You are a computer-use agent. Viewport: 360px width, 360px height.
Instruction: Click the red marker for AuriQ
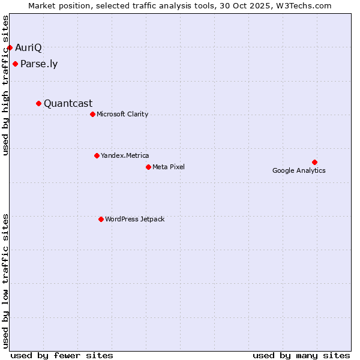10,47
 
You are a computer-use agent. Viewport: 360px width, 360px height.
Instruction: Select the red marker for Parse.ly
15,64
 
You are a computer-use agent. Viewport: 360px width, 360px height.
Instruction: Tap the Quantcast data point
39,103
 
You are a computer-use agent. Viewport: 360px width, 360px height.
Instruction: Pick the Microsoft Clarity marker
92,114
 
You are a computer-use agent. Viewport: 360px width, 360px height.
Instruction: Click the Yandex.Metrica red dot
97,155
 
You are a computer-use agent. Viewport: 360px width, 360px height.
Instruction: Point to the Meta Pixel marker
148,167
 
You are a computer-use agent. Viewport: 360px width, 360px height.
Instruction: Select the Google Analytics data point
314,162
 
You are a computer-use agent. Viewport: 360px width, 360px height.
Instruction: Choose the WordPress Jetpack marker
101,219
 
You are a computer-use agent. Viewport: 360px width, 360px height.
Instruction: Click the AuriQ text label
28,47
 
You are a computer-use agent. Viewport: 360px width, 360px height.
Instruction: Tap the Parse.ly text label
39,64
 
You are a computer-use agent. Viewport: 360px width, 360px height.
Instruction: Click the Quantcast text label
68,103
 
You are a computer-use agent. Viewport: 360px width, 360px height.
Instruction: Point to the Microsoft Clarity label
122,114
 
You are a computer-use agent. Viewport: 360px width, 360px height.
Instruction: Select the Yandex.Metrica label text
125,155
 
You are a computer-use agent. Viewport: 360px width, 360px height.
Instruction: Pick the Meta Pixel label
169,167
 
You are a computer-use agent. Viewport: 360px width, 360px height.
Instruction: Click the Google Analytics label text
299,170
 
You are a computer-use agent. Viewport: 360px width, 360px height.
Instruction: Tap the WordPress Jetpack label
134,219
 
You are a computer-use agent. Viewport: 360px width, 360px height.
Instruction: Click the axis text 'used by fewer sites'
62,355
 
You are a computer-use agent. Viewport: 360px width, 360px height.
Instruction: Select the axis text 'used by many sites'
301,355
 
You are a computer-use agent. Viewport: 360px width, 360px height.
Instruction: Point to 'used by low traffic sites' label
6,281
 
